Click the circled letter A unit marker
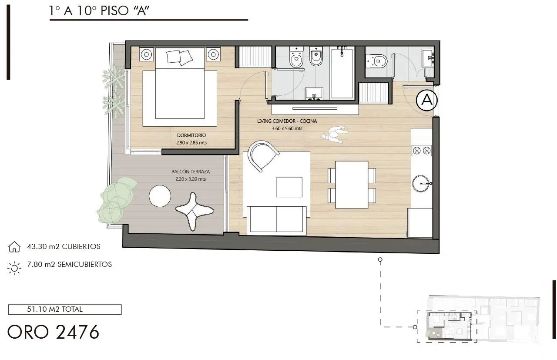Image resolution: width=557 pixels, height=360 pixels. click(x=427, y=100)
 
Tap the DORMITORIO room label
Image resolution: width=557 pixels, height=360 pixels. click(x=191, y=135)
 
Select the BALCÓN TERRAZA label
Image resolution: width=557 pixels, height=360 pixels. click(x=191, y=172)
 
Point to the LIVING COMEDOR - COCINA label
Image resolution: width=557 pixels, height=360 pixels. click(x=287, y=121)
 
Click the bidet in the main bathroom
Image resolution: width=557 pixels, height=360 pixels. click(x=316, y=57)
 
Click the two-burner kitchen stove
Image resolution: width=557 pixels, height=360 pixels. click(x=422, y=151)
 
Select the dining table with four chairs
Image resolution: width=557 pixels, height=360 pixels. click(x=352, y=185)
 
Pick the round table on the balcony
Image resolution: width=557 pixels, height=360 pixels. click(x=160, y=196)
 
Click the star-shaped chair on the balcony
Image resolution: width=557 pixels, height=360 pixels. click(x=194, y=212)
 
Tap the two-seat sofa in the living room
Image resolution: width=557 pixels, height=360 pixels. click(x=276, y=220)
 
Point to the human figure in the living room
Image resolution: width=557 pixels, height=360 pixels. click(x=335, y=135)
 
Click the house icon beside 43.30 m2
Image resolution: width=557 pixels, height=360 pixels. click(x=14, y=247)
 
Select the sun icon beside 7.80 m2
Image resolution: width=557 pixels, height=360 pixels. click(x=14, y=268)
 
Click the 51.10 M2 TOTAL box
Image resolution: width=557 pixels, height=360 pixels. click(x=65, y=310)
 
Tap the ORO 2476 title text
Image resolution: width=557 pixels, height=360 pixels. click(x=53, y=332)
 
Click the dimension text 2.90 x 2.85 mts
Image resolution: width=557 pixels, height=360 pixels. click(x=191, y=143)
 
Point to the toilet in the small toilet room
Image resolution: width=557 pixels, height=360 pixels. click(x=376, y=61)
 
